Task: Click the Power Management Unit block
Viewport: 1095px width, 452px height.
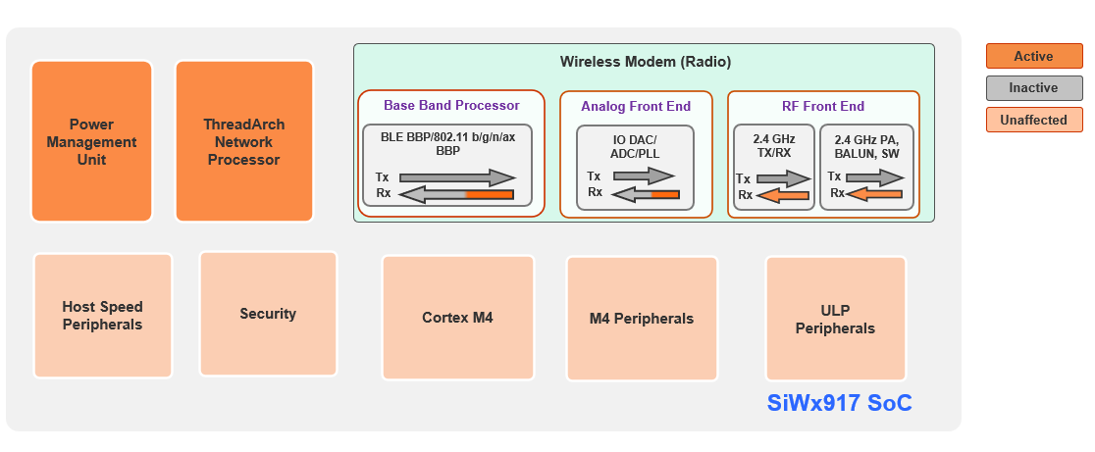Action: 91,141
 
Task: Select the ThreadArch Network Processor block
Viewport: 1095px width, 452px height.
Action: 244,141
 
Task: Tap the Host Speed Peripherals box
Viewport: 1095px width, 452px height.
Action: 102,316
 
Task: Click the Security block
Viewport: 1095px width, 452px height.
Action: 268,314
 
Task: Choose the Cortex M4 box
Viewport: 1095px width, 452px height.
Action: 457,318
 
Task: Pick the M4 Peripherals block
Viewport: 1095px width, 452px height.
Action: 642,319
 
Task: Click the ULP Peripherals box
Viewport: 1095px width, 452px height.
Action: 835,320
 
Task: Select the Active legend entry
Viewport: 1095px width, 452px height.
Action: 1033,57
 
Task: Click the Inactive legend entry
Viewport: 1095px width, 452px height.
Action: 1033,88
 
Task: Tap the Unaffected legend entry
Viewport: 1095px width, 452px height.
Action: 1033,120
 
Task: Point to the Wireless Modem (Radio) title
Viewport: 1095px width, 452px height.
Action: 645,62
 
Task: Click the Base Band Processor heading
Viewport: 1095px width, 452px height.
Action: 451,105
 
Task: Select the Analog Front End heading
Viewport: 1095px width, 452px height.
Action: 636,106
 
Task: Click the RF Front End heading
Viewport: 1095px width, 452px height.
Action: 822,106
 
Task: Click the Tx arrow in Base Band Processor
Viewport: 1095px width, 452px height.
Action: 458,177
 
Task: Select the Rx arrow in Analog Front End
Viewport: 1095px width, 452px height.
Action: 645,194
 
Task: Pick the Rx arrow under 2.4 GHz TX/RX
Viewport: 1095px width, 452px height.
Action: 784,195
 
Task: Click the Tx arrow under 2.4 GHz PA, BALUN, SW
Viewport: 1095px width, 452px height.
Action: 875,177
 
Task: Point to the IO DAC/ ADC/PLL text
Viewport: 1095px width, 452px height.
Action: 635,147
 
